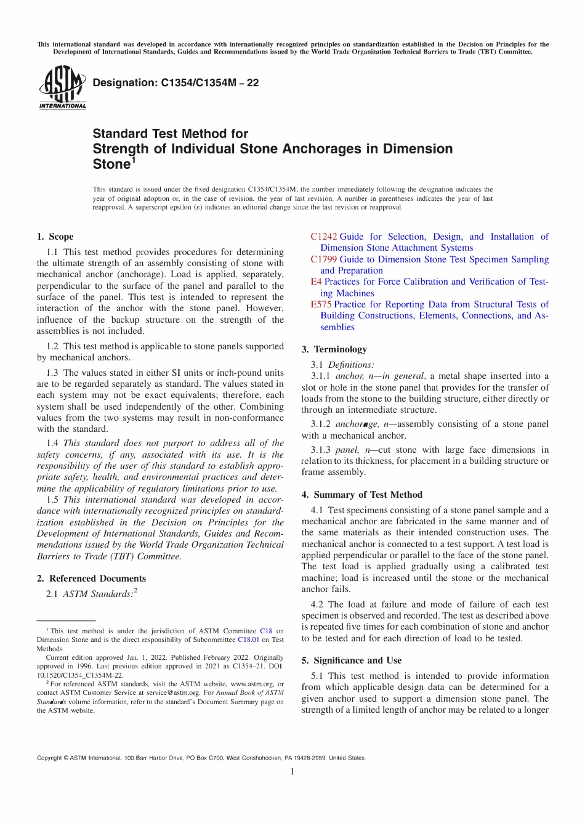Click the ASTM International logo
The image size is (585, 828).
(x=62, y=87)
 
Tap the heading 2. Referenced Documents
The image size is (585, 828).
(x=91, y=578)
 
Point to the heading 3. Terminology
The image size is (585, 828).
(x=334, y=349)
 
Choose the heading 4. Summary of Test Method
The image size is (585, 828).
(x=362, y=495)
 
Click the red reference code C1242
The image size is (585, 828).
(x=324, y=237)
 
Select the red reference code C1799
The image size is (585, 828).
(x=324, y=259)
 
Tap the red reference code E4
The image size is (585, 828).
(x=316, y=282)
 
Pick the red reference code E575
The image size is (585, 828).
(x=321, y=304)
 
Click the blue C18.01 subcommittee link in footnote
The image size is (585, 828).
(x=249, y=640)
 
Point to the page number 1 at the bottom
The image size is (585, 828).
(x=292, y=772)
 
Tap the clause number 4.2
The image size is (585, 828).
(x=317, y=604)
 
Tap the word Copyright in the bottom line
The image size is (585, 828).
(x=49, y=758)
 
